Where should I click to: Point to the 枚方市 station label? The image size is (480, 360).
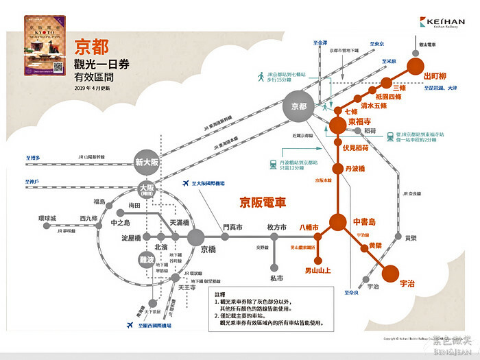(276, 227)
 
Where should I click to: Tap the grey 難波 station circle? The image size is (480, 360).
(146, 259)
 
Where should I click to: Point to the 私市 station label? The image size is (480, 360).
(276, 278)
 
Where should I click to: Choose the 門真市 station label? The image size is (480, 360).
(233, 227)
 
